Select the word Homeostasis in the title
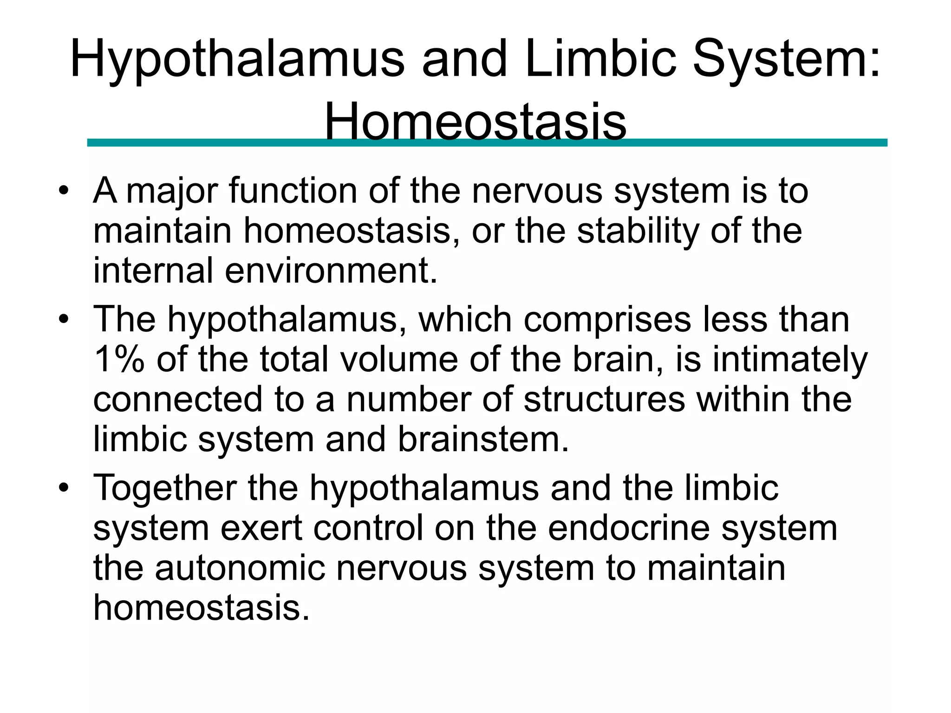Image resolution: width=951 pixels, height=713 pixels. point(475,122)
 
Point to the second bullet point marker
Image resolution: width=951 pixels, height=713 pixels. point(64,319)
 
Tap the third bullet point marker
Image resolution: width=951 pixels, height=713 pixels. point(64,488)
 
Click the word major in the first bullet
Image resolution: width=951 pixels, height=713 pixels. point(171,192)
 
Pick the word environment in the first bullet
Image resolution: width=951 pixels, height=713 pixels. point(331,271)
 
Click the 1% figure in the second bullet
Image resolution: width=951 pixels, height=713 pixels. point(119,359)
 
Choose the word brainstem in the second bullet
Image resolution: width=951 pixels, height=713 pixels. point(483,440)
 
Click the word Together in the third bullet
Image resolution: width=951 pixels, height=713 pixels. point(165,488)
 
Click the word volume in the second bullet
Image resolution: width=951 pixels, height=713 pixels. point(399,359)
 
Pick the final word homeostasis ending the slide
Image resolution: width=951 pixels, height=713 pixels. point(201,608)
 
